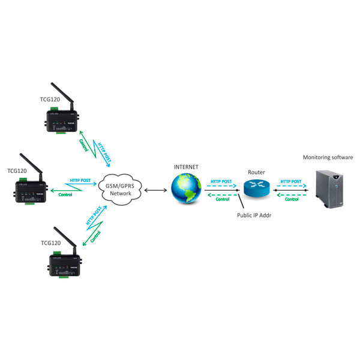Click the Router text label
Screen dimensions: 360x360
pyautogui.click(x=256, y=172)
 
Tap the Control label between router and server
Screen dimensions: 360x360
pyautogui.click(x=292, y=200)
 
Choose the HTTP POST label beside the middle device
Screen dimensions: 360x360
pyautogui.click(x=80, y=180)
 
